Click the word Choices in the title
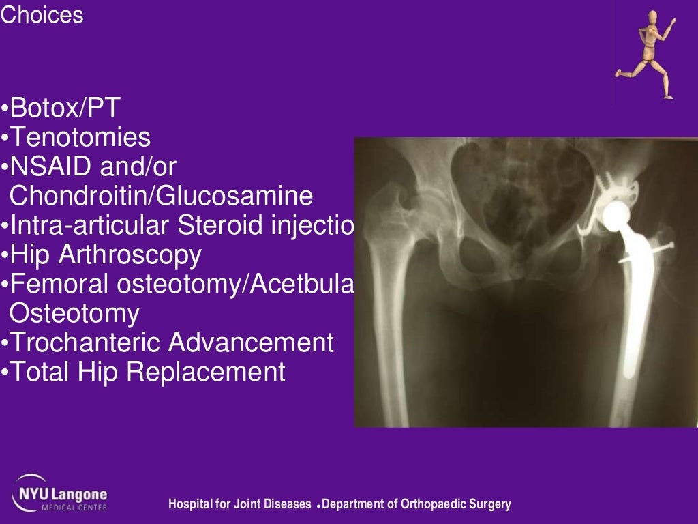point(42,15)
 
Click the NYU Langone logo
point(59,493)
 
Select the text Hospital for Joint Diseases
point(241,505)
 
